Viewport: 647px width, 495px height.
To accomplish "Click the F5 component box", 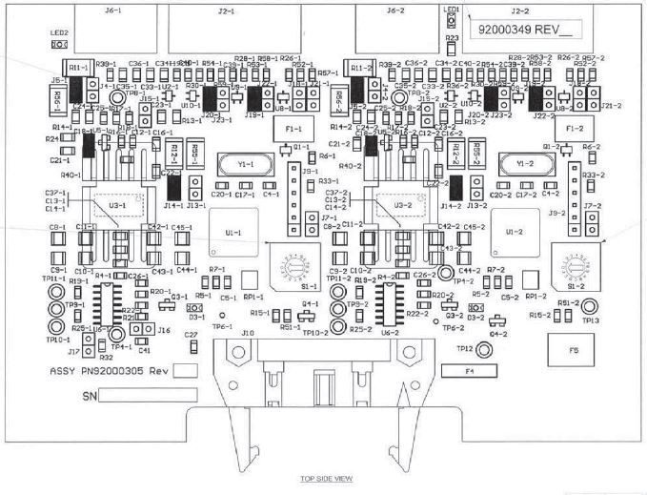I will click(574, 350).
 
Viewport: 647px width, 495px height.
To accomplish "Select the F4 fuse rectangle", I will click(469, 368).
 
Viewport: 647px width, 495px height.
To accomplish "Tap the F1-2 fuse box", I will click(574, 127).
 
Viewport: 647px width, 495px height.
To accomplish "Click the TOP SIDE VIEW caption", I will click(327, 478).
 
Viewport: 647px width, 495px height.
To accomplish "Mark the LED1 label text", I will click(451, 8).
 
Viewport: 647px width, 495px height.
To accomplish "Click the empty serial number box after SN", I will click(148, 394).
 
